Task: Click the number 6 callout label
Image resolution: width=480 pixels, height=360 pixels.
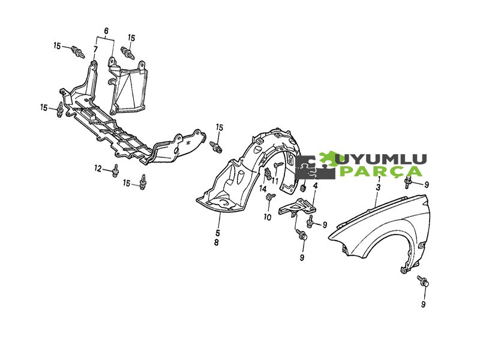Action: click(x=106, y=31)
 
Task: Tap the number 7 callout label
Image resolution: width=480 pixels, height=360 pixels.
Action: click(x=95, y=49)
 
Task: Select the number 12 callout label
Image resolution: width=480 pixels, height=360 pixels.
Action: click(x=98, y=168)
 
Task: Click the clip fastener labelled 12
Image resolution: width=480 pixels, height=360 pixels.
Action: click(x=114, y=171)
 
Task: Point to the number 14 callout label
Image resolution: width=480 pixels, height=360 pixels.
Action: click(x=263, y=188)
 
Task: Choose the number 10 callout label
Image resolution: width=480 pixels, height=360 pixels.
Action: click(x=268, y=216)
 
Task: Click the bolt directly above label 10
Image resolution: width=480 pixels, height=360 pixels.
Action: click(x=269, y=197)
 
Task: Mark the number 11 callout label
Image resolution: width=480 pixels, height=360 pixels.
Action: click(x=275, y=180)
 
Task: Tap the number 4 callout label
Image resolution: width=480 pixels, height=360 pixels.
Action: click(x=315, y=185)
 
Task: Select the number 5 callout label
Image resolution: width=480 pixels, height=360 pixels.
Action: click(x=218, y=233)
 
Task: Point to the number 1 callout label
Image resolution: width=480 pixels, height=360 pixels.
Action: click(x=378, y=178)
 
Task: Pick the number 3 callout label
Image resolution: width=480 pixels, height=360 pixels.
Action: click(x=378, y=188)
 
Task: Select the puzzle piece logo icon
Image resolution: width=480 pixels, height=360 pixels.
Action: click(x=316, y=166)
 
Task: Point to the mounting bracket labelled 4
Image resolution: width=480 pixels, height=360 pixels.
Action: click(x=298, y=206)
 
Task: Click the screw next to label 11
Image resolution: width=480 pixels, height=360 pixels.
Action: click(x=278, y=164)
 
